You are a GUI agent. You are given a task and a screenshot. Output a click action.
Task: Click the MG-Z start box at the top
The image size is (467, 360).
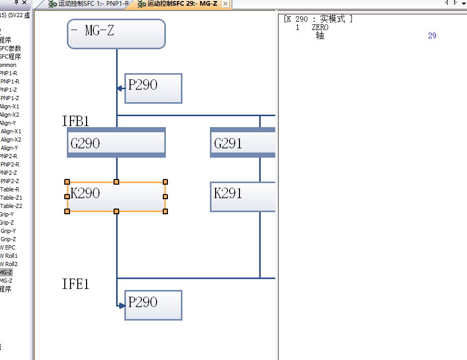116,34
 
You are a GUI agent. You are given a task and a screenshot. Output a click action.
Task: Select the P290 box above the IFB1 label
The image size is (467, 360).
153,88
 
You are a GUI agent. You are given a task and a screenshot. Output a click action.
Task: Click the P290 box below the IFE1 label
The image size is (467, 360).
153,305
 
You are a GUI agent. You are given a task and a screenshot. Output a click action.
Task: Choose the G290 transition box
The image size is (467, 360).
116,143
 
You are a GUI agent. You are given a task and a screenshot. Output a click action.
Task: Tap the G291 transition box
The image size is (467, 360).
243,143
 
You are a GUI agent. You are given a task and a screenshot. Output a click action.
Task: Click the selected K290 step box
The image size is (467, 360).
116,197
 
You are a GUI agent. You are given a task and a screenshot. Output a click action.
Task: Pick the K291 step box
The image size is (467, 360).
243,197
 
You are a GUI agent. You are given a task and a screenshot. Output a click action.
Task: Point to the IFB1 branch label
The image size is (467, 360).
76,121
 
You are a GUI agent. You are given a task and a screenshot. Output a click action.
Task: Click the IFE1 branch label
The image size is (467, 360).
76,284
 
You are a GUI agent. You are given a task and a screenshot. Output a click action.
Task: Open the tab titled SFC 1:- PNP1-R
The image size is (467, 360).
88,4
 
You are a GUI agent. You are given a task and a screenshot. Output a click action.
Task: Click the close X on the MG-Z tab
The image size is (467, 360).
225,4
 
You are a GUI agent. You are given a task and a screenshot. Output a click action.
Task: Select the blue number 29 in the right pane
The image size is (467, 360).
432,36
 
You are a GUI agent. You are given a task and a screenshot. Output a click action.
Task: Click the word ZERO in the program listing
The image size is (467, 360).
320,27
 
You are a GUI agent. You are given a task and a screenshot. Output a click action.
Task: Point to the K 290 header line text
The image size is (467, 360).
318,19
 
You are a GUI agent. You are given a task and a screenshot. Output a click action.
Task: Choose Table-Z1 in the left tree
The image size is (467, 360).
11,198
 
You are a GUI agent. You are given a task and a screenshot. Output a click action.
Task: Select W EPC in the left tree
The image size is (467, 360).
7,247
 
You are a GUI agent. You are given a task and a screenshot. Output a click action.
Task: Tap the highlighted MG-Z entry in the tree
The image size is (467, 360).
6,272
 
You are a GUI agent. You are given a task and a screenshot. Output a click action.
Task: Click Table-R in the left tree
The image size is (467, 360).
9,189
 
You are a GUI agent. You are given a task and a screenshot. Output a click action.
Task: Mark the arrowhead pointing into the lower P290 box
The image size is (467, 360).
122,306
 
